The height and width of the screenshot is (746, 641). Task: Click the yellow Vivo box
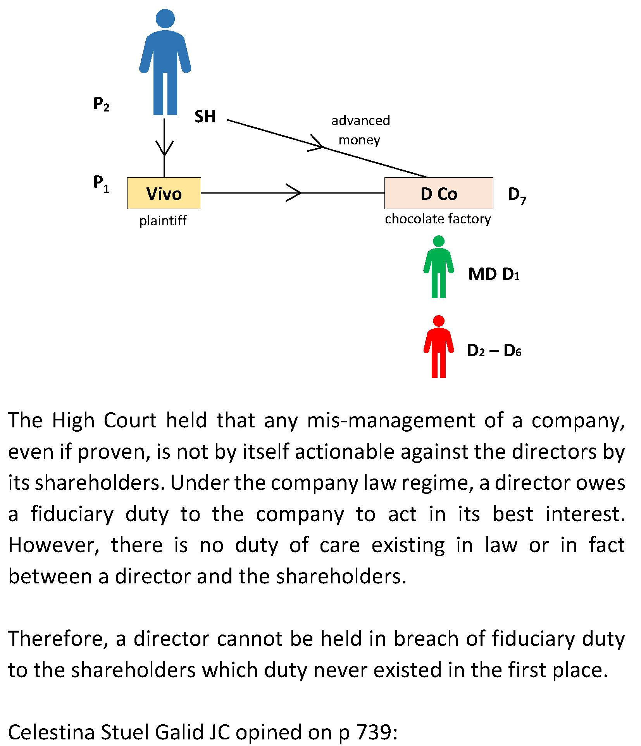pos(164,193)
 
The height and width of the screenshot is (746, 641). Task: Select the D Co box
pos(438,193)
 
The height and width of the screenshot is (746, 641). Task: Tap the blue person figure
pos(165,62)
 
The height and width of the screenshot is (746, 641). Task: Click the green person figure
pos(438,267)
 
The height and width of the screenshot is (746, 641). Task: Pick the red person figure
pos(438,346)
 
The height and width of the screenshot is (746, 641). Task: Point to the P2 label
pos(101,104)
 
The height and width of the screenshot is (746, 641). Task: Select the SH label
pos(205,117)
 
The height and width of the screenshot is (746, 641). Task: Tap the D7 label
pos(517,195)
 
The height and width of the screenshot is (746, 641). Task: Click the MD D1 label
pos(493,274)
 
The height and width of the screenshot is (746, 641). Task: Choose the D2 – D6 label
pos(494,351)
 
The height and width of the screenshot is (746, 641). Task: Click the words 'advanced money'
pos(360,130)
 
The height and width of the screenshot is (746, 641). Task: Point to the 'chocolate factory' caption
pos(438,219)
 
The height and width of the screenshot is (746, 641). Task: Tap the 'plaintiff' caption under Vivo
pos(163,221)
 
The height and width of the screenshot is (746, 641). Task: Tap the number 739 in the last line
pos(373,732)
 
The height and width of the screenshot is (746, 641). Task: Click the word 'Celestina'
pos(51,732)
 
